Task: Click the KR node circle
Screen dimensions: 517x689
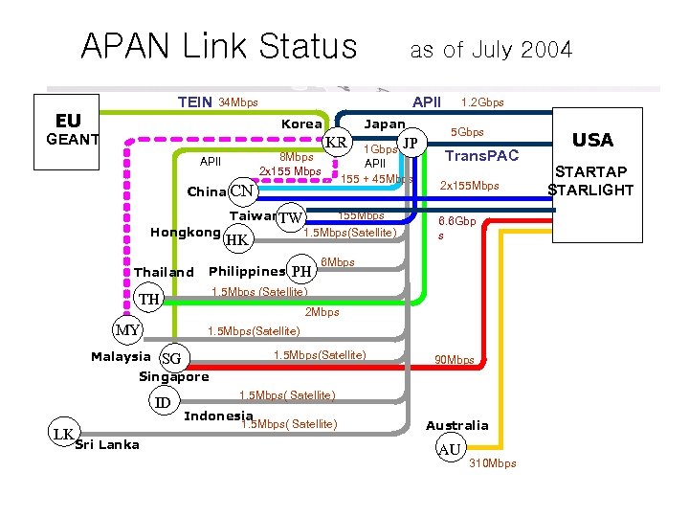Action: point(337,144)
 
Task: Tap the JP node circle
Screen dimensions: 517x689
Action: point(411,144)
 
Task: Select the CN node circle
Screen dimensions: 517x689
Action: point(242,191)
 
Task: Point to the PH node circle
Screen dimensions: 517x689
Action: point(302,271)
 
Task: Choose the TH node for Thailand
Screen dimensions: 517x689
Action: point(149,300)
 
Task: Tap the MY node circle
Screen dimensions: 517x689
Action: point(127,331)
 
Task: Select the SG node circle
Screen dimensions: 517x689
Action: point(173,358)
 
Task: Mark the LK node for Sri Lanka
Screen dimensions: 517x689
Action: point(64,434)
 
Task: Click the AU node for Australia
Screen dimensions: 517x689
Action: point(448,449)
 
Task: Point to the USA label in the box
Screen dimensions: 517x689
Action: point(592,141)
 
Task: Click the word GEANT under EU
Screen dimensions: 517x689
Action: point(66,141)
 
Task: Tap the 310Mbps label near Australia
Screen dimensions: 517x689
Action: point(493,463)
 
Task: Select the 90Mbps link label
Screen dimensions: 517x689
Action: point(454,360)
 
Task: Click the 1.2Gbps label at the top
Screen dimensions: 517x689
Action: point(482,102)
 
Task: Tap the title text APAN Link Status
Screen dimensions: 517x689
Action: point(218,46)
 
